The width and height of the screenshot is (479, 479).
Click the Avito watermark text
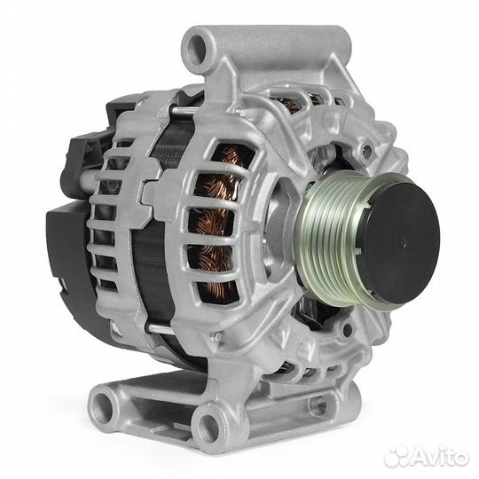(439, 457)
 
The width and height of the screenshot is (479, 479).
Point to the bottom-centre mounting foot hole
(208, 424)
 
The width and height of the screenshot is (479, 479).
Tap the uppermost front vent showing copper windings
(233, 156)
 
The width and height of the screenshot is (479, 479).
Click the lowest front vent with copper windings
(217, 292)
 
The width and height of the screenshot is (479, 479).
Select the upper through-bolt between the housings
(184, 110)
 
